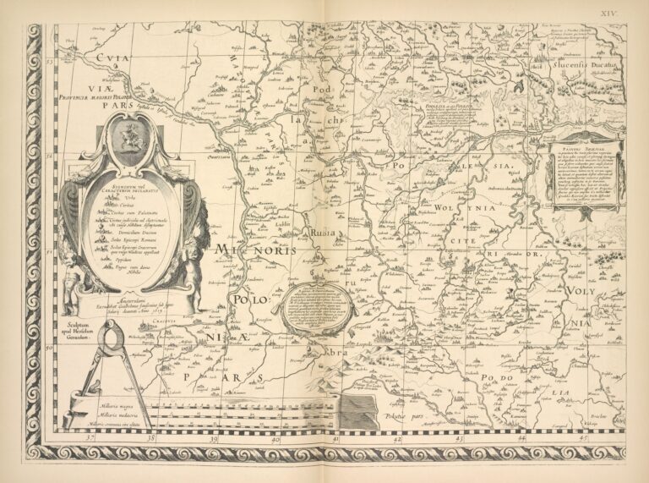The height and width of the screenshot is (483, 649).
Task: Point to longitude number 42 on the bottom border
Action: point(396,440)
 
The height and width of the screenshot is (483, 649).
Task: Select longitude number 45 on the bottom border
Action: point(583,439)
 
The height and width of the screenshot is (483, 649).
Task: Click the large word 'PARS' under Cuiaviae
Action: point(111,107)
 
